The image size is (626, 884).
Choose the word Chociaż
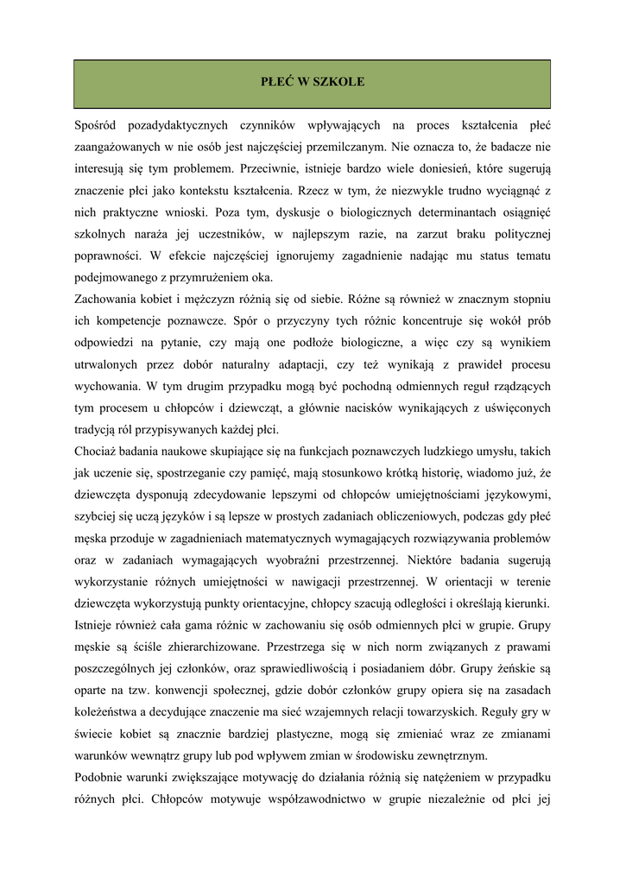tap(98, 451)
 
